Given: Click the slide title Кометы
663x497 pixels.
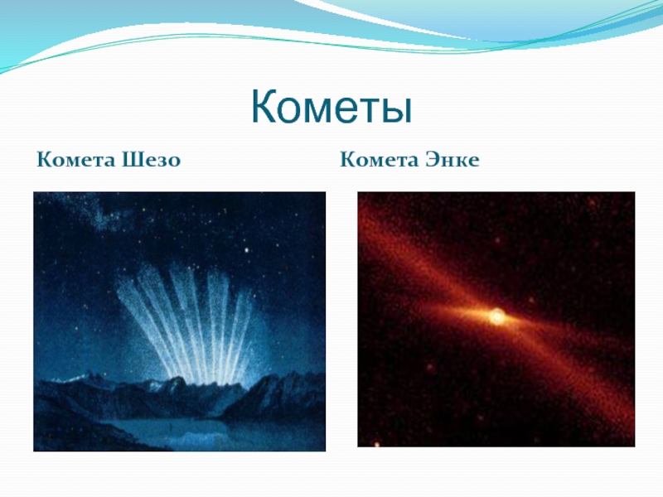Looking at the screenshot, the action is [331, 107].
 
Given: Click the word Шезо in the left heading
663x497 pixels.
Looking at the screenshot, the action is [151, 160].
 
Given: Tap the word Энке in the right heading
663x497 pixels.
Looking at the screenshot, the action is [452, 160].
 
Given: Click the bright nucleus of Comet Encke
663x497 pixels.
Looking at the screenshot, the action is [497, 316].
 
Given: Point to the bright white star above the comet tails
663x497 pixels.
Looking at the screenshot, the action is [246, 250].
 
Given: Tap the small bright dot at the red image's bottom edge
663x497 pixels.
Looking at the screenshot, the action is [377, 444].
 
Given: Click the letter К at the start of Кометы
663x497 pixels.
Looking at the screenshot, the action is [264, 107].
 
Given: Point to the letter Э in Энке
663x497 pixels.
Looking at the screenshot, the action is [431, 160].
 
